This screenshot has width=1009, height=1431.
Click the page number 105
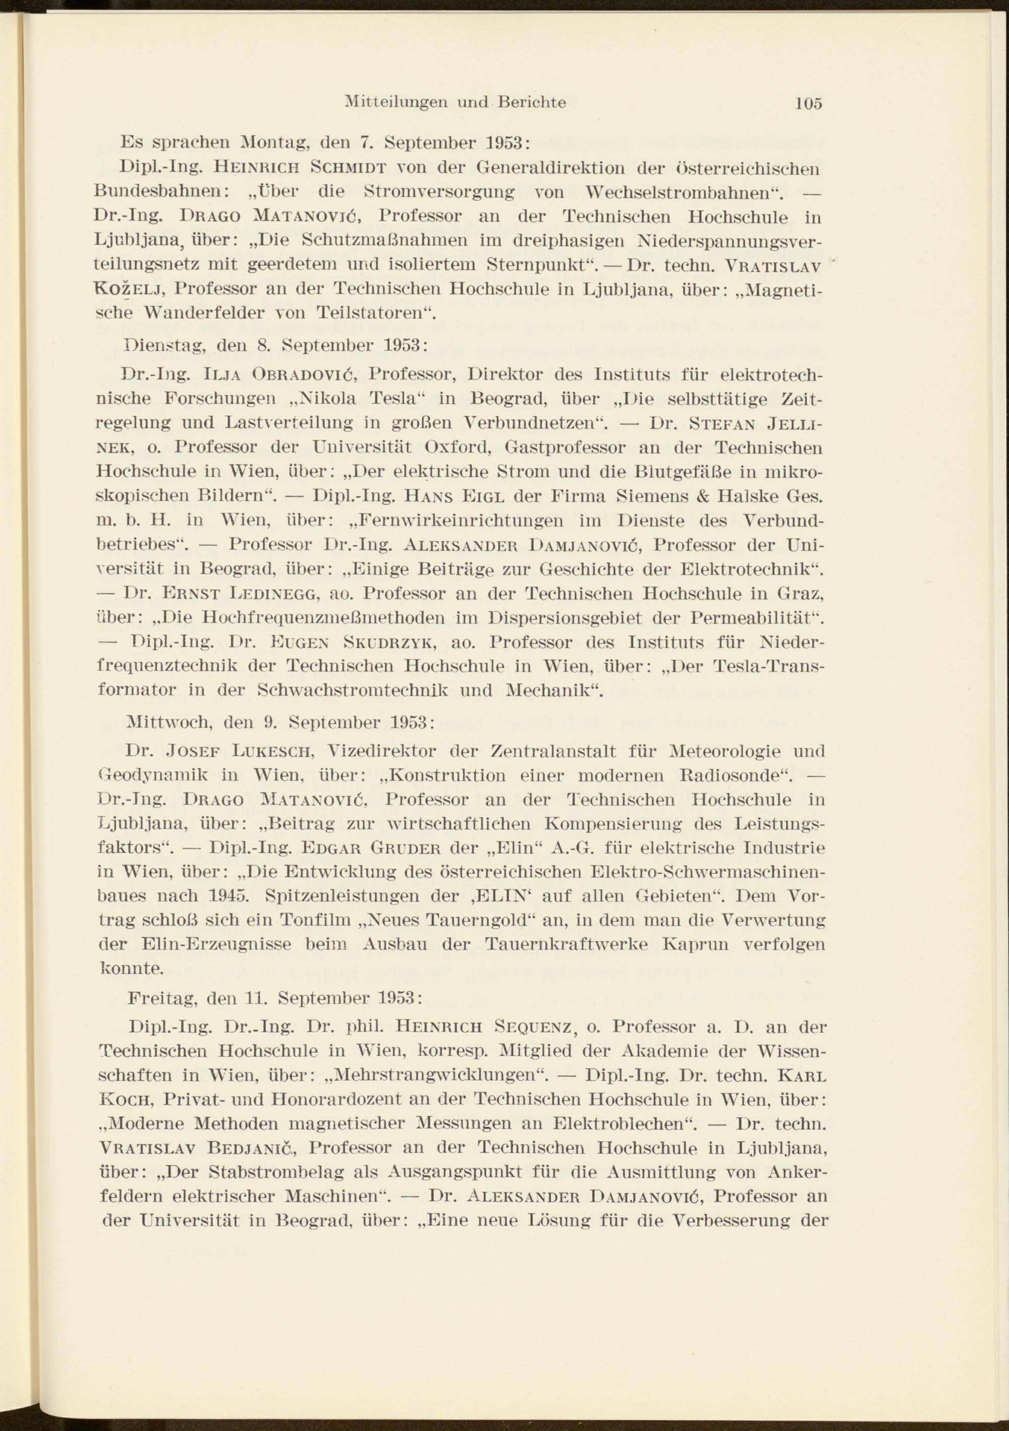point(808,103)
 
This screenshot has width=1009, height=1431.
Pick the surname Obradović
point(304,375)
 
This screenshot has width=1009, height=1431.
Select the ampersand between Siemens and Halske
point(705,497)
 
